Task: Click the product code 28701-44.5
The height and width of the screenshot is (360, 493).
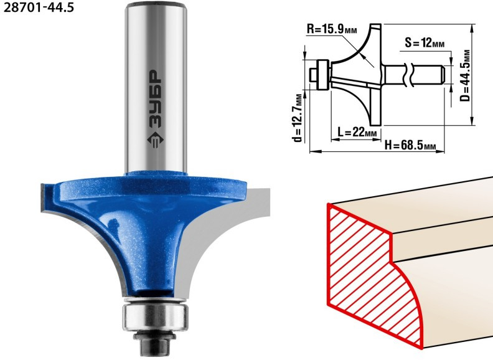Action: pos(39,7)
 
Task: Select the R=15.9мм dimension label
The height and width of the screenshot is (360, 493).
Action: pos(332,29)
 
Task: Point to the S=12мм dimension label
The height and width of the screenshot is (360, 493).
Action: pos(425,42)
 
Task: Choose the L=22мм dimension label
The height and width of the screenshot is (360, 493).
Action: pos(357,132)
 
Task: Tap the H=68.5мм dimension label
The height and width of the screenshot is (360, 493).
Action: pos(410,145)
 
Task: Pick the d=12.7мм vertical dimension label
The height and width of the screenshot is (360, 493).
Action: pos(298,117)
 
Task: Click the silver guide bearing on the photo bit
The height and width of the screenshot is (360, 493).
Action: pos(156,316)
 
